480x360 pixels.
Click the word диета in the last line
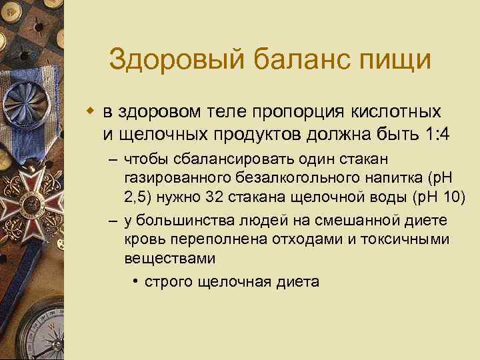pyautogui.click(x=295, y=281)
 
